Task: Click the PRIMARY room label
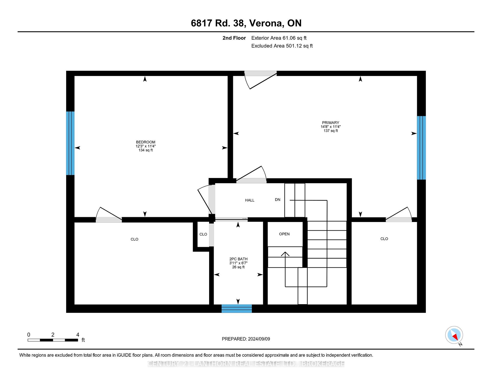click(x=331, y=123)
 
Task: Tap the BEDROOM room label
click(x=146, y=142)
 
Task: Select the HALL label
click(x=250, y=200)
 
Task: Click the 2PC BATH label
click(x=238, y=259)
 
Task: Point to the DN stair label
click(x=278, y=199)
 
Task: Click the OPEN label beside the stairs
click(x=284, y=234)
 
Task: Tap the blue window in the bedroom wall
click(x=70, y=143)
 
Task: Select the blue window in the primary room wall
click(x=421, y=148)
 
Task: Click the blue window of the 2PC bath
click(x=237, y=309)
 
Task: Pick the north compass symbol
click(x=454, y=335)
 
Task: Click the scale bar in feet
click(x=53, y=340)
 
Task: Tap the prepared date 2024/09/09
click(x=259, y=339)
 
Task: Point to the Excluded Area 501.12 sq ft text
click(x=282, y=46)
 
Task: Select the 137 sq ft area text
click(x=331, y=131)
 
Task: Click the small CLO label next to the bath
click(x=203, y=234)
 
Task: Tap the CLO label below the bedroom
click(x=134, y=239)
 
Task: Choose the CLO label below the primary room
click(x=384, y=239)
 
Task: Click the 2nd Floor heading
click(x=234, y=38)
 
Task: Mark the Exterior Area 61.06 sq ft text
click(x=279, y=38)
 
